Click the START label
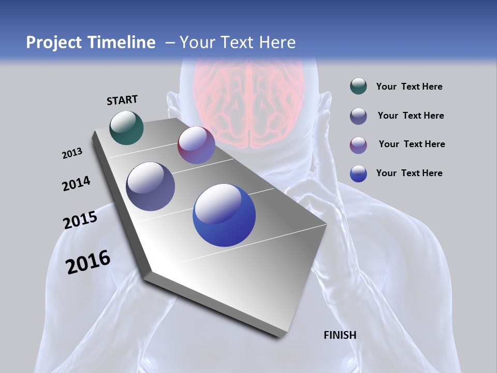click(122, 100)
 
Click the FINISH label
click(340, 335)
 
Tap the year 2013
click(72, 153)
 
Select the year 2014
click(76, 184)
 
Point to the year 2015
click(80, 220)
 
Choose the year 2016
click(88, 262)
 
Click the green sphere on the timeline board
click(126, 127)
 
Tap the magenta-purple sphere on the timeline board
click(196, 145)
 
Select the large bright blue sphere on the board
click(224, 215)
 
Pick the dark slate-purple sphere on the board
click(151, 187)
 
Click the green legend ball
click(358, 87)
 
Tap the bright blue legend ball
click(358, 174)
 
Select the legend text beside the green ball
click(409, 87)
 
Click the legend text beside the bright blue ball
click(409, 173)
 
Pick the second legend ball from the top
click(358, 116)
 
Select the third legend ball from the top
click(358, 145)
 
